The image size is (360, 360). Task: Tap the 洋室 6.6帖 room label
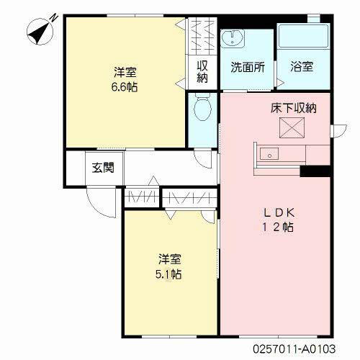(x=125, y=79)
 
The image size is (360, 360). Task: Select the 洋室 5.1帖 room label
(x=168, y=266)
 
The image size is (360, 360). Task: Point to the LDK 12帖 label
(x=278, y=220)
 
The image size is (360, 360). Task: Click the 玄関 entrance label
(x=103, y=168)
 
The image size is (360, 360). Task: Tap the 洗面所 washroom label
(x=248, y=67)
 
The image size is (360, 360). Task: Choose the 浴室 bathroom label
(x=302, y=66)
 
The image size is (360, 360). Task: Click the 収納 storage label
(x=202, y=71)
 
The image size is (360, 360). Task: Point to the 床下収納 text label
(x=294, y=108)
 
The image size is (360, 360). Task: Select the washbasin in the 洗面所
(x=233, y=38)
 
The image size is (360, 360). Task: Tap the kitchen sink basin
(x=269, y=154)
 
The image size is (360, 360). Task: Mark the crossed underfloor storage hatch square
(x=292, y=127)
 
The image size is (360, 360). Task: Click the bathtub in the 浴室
(x=303, y=35)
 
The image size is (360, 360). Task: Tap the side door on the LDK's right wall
(x=338, y=131)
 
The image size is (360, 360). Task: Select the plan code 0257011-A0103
(x=294, y=348)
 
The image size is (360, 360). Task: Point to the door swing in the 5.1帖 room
(x=208, y=217)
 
